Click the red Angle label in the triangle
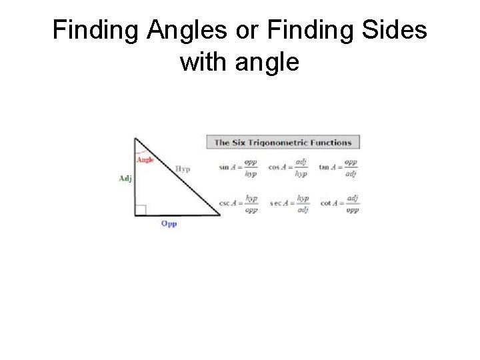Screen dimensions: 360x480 tap(145, 160)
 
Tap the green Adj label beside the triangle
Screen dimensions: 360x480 tap(125, 178)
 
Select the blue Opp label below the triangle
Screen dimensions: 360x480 tap(169, 224)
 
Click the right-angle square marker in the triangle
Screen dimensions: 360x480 tap(140, 211)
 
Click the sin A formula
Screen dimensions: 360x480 tap(238, 167)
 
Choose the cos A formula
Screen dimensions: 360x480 tap(289, 167)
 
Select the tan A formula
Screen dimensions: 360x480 tap(339, 167)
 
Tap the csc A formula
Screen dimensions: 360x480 tap(239, 203)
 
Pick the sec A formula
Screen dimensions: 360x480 tap(290, 203)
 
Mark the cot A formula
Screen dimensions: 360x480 tap(340, 203)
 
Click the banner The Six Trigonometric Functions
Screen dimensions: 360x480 tap(283, 142)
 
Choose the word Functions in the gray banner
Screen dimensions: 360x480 tap(329, 142)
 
